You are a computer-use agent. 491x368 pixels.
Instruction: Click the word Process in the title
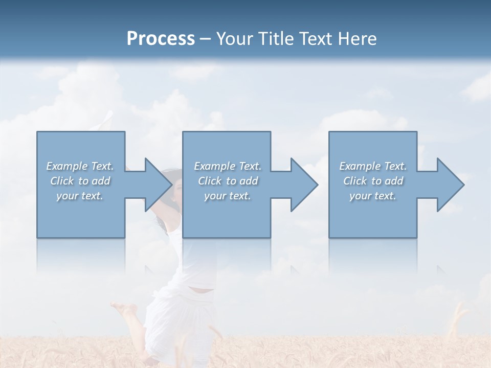pos(161,39)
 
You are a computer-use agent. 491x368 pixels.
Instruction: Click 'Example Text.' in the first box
pos(80,166)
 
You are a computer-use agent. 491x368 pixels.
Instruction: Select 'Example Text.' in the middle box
pos(228,166)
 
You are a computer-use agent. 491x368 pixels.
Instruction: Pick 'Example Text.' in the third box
pos(373,166)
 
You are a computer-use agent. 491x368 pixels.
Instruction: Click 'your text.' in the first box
pos(80,196)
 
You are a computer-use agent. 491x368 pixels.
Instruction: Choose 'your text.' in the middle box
pos(228,196)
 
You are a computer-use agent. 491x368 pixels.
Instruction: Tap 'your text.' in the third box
pos(373,196)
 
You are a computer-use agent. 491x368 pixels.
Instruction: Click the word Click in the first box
pos(61,181)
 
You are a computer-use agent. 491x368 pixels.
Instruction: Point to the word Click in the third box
pos(355,181)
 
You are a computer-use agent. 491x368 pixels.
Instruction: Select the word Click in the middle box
pos(210,181)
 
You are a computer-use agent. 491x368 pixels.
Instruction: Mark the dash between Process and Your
pos(206,39)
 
